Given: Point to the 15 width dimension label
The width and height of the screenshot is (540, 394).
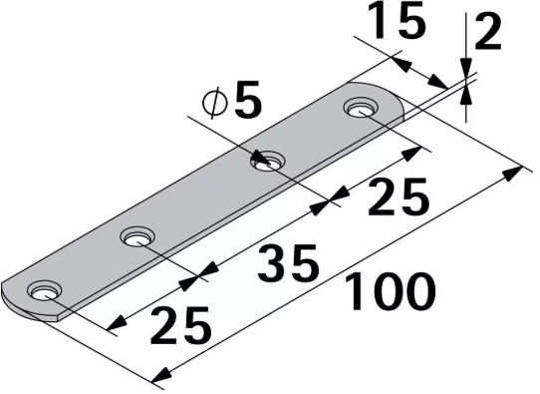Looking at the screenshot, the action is (x=395, y=23).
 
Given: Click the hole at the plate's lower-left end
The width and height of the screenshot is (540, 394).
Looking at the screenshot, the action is (x=43, y=291).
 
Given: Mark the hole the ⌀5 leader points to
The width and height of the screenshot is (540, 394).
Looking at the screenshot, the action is (x=266, y=159).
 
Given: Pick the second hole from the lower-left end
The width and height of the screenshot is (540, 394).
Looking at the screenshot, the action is (x=136, y=237).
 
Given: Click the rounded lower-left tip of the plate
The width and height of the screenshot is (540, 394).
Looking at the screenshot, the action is (x=12, y=300).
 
